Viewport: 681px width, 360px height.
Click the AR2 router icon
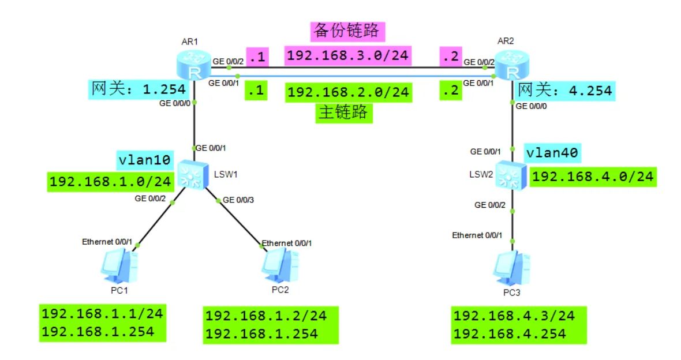[511, 63]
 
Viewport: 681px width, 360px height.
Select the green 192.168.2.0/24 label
[348, 92]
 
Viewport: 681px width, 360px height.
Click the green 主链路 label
[344, 112]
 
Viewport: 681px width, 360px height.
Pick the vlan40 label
[552, 153]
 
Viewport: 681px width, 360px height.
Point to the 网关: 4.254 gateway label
[565, 91]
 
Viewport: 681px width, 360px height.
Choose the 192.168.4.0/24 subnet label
[593, 176]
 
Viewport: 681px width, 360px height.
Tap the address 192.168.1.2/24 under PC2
[266, 316]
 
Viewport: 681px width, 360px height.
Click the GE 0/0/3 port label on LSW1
[238, 200]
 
